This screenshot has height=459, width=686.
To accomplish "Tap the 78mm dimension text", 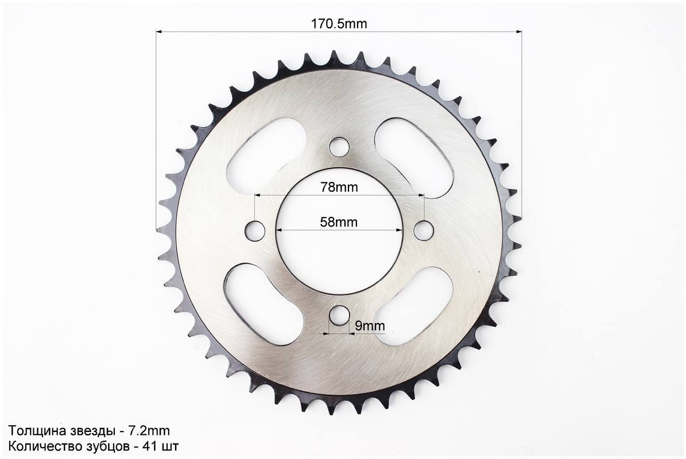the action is [x=339, y=187].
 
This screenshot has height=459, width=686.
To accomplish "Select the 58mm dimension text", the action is [x=339, y=222].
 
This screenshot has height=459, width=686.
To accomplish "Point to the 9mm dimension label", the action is [x=370, y=326].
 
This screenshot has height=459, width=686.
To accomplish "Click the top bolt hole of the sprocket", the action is [x=339, y=146].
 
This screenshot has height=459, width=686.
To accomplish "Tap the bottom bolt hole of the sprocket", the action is [x=339, y=316].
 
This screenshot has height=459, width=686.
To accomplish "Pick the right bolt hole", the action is [x=424, y=230].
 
